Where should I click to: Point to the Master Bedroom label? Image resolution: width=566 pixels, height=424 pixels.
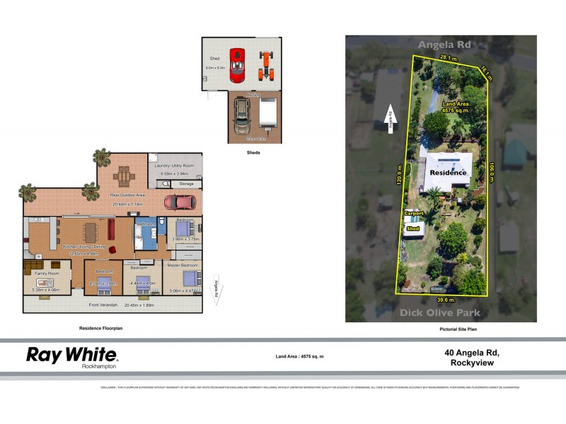[x=183, y=265]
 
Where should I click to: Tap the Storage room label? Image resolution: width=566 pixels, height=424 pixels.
[x=186, y=184]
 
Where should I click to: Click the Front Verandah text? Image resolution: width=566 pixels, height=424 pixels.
[x=103, y=305]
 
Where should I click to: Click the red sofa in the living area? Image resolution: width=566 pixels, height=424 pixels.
[x=111, y=230]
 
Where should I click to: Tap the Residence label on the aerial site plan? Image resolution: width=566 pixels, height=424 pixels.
[x=449, y=172]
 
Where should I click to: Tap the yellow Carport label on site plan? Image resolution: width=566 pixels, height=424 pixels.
[x=413, y=212]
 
